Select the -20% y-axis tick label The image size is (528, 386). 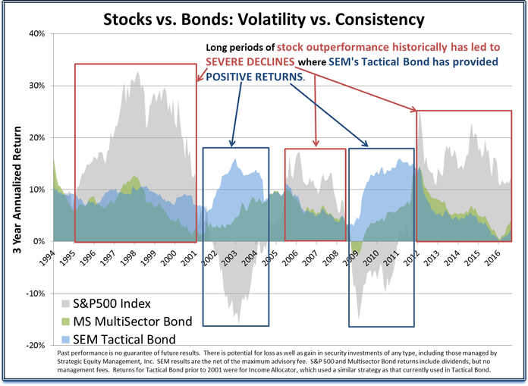point(35,345)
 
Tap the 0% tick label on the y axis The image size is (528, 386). point(39,241)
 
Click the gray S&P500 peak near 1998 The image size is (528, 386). point(137,73)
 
